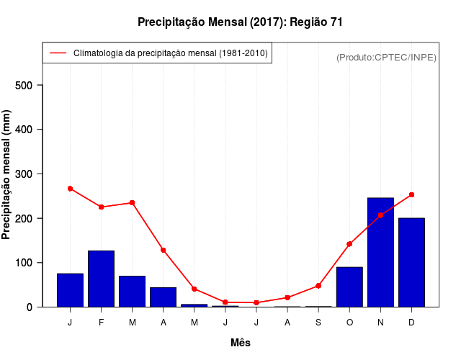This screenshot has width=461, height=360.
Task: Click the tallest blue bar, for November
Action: click(x=380, y=252)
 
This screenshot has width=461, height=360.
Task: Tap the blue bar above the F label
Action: click(x=101, y=279)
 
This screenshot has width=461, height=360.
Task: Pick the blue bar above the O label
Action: click(x=349, y=287)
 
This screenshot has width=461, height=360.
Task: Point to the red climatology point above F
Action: click(x=101, y=207)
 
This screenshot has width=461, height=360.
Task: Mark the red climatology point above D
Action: click(x=411, y=194)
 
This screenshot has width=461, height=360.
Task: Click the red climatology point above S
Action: click(x=318, y=286)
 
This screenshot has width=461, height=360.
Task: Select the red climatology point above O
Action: click(x=349, y=244)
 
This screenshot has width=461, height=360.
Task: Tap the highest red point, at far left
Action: click(x=70, y=189)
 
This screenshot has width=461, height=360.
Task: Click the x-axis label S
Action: click(x=318, y=323)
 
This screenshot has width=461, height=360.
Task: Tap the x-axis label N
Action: click(x=380, y=323)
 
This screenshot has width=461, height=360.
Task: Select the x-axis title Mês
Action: click(x=241, y=343)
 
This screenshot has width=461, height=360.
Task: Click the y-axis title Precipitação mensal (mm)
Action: click(x=7, y=174)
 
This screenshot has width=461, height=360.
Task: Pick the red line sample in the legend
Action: click(x=58, y=53)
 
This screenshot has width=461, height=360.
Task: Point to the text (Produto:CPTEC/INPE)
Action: click(x=386, y=57)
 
